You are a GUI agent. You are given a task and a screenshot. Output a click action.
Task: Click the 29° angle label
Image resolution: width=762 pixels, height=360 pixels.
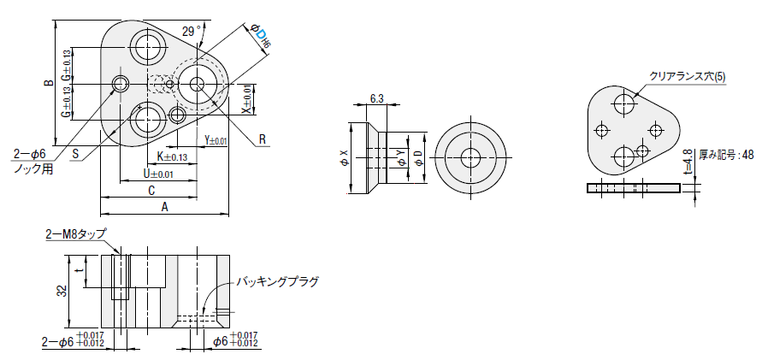192,30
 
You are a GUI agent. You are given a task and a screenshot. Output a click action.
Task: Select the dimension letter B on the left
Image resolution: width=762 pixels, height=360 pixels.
49,83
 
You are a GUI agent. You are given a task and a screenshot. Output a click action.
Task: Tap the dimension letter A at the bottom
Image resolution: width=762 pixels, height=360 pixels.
164,206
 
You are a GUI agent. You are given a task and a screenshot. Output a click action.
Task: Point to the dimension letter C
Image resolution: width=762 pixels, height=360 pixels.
150,189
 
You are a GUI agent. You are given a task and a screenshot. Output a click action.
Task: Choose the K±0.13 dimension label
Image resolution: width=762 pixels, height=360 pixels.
173,156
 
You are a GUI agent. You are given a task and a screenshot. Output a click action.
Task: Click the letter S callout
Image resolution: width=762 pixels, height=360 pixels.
76,155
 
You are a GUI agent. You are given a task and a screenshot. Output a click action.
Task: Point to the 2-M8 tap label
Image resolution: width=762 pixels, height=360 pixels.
76,233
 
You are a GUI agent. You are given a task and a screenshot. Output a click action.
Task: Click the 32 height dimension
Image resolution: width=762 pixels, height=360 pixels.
62,291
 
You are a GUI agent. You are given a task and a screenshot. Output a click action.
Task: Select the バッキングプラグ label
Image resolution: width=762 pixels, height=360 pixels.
276,281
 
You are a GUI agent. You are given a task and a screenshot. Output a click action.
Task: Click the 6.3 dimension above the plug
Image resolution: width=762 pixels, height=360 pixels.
377,98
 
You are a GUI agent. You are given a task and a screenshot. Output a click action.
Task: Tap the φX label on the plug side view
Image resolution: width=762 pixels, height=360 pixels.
345,156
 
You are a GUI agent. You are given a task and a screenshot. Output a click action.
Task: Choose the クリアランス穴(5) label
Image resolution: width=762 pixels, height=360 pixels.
688,76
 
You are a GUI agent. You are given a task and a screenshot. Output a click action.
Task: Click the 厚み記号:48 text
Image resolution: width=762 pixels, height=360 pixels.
726,155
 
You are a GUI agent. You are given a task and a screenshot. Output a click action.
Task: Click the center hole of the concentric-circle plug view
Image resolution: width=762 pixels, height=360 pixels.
470,157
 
